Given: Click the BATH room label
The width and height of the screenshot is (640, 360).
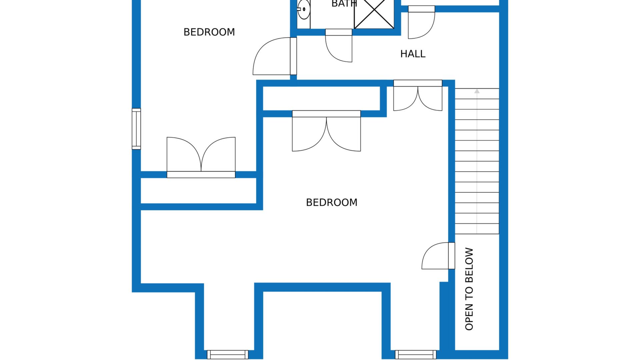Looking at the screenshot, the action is coord(344,3).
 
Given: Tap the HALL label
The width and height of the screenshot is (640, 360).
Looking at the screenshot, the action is coord(413,54).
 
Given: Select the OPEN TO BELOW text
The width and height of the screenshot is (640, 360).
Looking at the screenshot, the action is coord(469,289).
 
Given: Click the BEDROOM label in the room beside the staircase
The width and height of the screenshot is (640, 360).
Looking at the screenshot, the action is coord(332,202).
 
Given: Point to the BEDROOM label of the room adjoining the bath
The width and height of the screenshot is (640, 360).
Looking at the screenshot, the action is coord(209,32).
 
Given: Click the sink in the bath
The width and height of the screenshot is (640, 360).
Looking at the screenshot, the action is coord(303,9).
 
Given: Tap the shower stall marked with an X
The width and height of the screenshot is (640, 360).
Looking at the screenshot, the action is coord(374,13).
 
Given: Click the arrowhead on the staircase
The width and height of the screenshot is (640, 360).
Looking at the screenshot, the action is coord(477,91).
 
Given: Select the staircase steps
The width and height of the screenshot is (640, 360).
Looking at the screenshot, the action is coord(477,161).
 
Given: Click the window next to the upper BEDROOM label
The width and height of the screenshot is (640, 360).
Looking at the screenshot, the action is coord(136,129).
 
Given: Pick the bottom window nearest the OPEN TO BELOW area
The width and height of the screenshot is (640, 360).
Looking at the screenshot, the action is coord(416,354).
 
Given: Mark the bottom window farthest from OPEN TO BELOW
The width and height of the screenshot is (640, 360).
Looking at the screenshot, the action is coord(228,354).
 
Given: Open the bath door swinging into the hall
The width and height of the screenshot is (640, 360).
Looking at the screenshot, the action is coord(339,45).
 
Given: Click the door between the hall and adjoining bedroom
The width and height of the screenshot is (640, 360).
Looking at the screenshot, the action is coord(275,56).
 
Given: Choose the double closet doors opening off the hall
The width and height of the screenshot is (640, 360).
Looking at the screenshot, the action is coord(418,95).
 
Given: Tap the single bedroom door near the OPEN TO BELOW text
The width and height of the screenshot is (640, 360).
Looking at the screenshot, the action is coord(438,256).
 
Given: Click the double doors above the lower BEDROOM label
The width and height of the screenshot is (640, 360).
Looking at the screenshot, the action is coord(326,131).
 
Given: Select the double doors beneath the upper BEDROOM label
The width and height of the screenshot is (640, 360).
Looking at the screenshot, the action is coord(201,157).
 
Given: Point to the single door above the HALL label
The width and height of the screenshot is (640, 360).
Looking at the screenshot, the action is coord(421,22).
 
